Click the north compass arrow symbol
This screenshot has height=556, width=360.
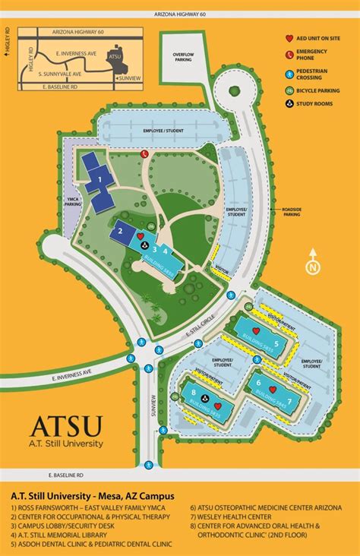pyautogui.click(x=312, y=267)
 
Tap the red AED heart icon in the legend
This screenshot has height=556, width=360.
pyautogui.click(x=289, y=38)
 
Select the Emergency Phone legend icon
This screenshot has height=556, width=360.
pyautogui.click(x=289, y=54)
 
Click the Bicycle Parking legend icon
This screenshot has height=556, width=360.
pyautogui.click(x=289, y=90)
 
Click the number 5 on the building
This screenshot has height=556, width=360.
pyautogui.click(x=276, y=343)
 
